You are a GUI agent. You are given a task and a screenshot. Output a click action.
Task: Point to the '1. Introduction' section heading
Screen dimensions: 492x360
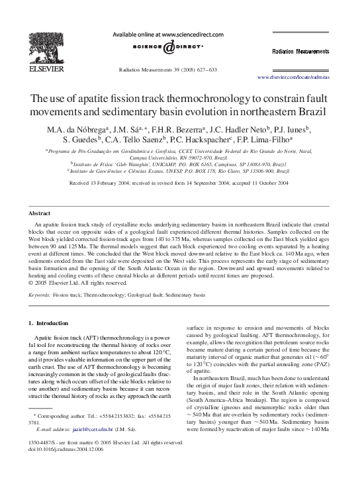point(48,323)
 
